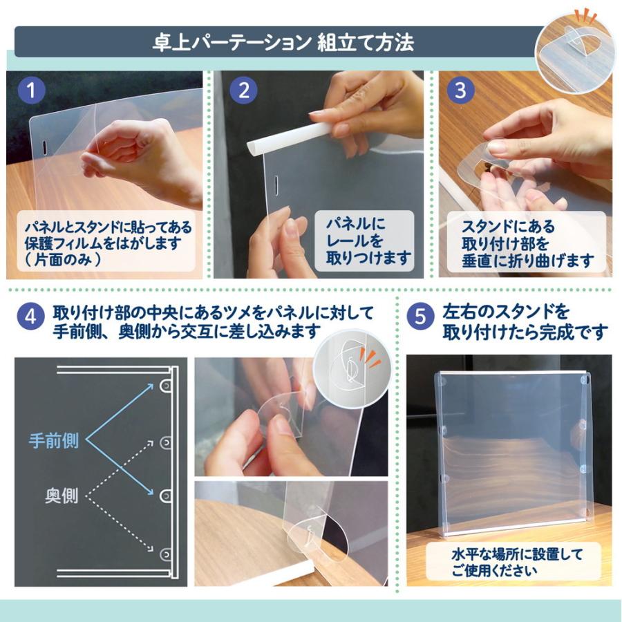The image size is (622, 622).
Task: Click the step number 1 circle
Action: [x=31, y=91]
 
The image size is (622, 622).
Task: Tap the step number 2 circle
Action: [x=243, y=91]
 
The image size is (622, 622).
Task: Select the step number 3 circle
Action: [x=460, y=91]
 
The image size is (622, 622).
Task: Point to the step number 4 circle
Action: [x=30, y=317]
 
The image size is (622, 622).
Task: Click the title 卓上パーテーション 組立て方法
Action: [x=283, y=42]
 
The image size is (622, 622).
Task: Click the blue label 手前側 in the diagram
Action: [x=53, y=440]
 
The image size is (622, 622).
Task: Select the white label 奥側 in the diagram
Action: [x=62, y=496]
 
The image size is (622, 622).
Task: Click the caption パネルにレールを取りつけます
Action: [x=368, y=241]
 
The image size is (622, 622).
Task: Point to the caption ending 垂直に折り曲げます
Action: [x=527, y=243]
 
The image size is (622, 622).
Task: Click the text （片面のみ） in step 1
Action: [x=64, y=259]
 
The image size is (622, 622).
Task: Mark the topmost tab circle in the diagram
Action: [x=166, y=385]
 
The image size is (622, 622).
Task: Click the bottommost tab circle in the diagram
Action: [x=166, y=554]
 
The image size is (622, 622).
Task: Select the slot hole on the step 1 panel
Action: [x=44, y=147]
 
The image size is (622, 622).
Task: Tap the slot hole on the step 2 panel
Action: [x=276, y=184]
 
